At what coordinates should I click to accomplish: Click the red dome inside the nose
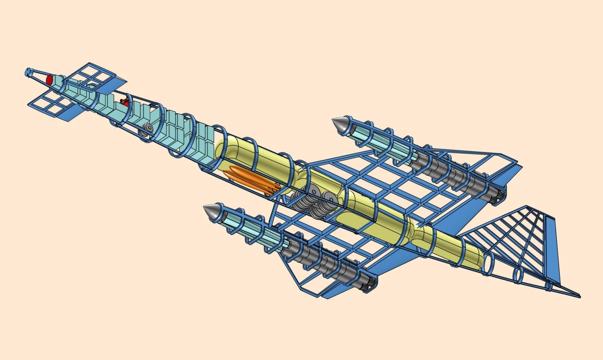[49, 80]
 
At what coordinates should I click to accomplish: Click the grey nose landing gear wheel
[148, 128]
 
